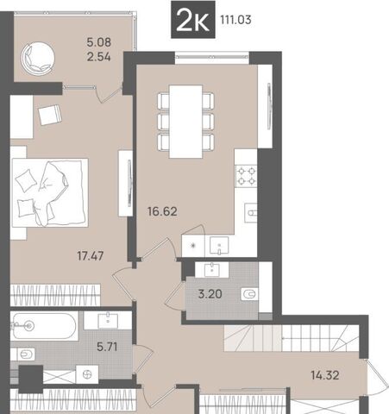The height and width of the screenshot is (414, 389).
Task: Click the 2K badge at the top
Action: (x=193, y=20)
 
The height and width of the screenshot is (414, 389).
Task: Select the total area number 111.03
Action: (x=235, y=20)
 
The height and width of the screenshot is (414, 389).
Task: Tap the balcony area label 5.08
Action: (x=98, y=42)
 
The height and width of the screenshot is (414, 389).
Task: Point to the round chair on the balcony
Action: (x=37, y=59)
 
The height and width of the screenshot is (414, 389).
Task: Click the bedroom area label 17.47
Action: (x=91, y=255)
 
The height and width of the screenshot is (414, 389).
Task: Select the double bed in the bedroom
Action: (x=50, y=192)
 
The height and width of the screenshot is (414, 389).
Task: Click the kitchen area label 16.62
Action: (x=162, y=211)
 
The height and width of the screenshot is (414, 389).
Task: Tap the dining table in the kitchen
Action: (x=185, y=122)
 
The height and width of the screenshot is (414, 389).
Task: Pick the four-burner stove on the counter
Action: (x=246, y=176)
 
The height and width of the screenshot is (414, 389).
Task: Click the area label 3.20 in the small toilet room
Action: (x=210, y=294)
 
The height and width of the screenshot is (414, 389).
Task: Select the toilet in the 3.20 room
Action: (x=249, y=294)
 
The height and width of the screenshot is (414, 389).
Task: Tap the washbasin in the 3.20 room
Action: (x=212, y=270)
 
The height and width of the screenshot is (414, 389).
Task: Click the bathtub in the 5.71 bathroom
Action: (x=44, y=326)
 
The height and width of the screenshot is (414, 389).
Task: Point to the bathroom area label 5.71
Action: (x=107, y=347)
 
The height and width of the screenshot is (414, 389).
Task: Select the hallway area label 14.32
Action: (x=325, y=375)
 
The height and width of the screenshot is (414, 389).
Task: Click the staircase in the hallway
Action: (x=292, y=338)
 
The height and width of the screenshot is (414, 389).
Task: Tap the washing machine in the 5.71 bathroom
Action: (x=87, y=374)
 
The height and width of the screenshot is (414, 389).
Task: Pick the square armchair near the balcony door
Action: (x=50, y=115)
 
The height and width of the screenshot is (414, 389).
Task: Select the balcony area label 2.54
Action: (x=98, y=57)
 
